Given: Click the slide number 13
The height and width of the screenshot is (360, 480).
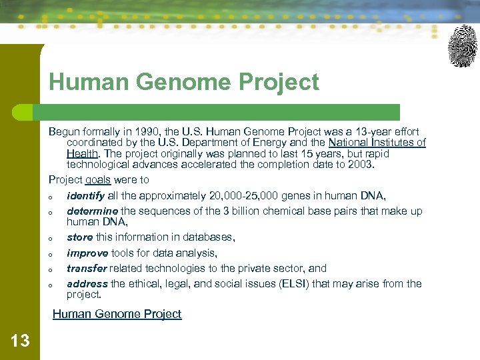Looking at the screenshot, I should (x=20, y=341).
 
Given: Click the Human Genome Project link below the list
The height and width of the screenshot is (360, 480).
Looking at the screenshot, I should (x=117, y=314).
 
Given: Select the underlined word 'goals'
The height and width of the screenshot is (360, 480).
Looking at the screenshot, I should (x=98, y=179).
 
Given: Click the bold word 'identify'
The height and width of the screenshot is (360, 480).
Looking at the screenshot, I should (x=85, y=195).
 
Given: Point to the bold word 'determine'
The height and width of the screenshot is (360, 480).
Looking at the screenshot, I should (x=92, y=211).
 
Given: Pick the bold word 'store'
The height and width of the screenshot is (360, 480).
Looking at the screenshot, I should (x=79, y=237).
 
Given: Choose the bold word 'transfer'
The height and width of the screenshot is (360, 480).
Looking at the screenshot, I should (x=87, y=268).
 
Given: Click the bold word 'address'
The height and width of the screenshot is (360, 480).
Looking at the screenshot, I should (x=87, y=283).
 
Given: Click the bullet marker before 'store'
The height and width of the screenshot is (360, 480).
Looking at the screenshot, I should (x=51, y=238).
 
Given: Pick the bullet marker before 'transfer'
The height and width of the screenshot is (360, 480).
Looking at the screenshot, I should (x=51, y=269).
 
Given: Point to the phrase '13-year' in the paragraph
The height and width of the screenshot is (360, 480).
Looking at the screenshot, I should (x=360, y=131).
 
